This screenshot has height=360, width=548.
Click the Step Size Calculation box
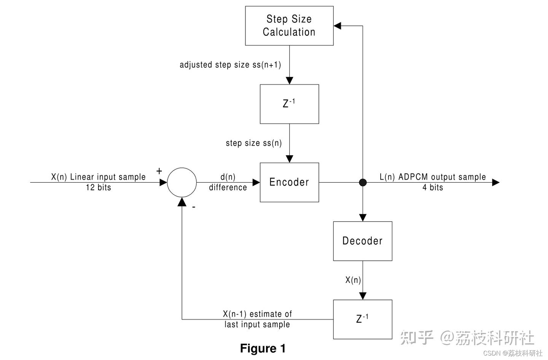coord(289,26)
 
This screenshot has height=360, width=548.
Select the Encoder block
coord(289,182)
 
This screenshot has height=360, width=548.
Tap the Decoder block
coord(362,241)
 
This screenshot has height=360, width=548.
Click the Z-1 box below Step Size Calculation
coord(289,104)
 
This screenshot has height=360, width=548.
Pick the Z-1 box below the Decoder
coord(362,319)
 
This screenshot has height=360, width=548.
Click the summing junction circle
coord(182,182)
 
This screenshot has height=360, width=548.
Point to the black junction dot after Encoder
coord(363,182)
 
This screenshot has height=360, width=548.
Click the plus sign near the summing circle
coord(159,171)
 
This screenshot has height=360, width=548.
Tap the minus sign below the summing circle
coord(194,207)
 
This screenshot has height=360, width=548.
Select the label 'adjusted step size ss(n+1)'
coord(230,65)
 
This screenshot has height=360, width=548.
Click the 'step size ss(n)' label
coord(254,143)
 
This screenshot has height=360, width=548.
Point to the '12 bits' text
coord(99,188)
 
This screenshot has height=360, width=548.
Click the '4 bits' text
coord(433,188)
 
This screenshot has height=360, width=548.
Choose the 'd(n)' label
coord(228,177)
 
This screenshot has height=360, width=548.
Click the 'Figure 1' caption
coord(263,348)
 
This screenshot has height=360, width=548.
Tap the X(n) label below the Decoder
coord(353,280)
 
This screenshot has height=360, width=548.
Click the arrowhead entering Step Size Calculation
coord(338,26)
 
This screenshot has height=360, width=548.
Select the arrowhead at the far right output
coord(495,182)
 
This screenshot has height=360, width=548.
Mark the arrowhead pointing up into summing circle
coord(182,202)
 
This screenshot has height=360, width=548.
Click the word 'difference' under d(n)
coord(228,188)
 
